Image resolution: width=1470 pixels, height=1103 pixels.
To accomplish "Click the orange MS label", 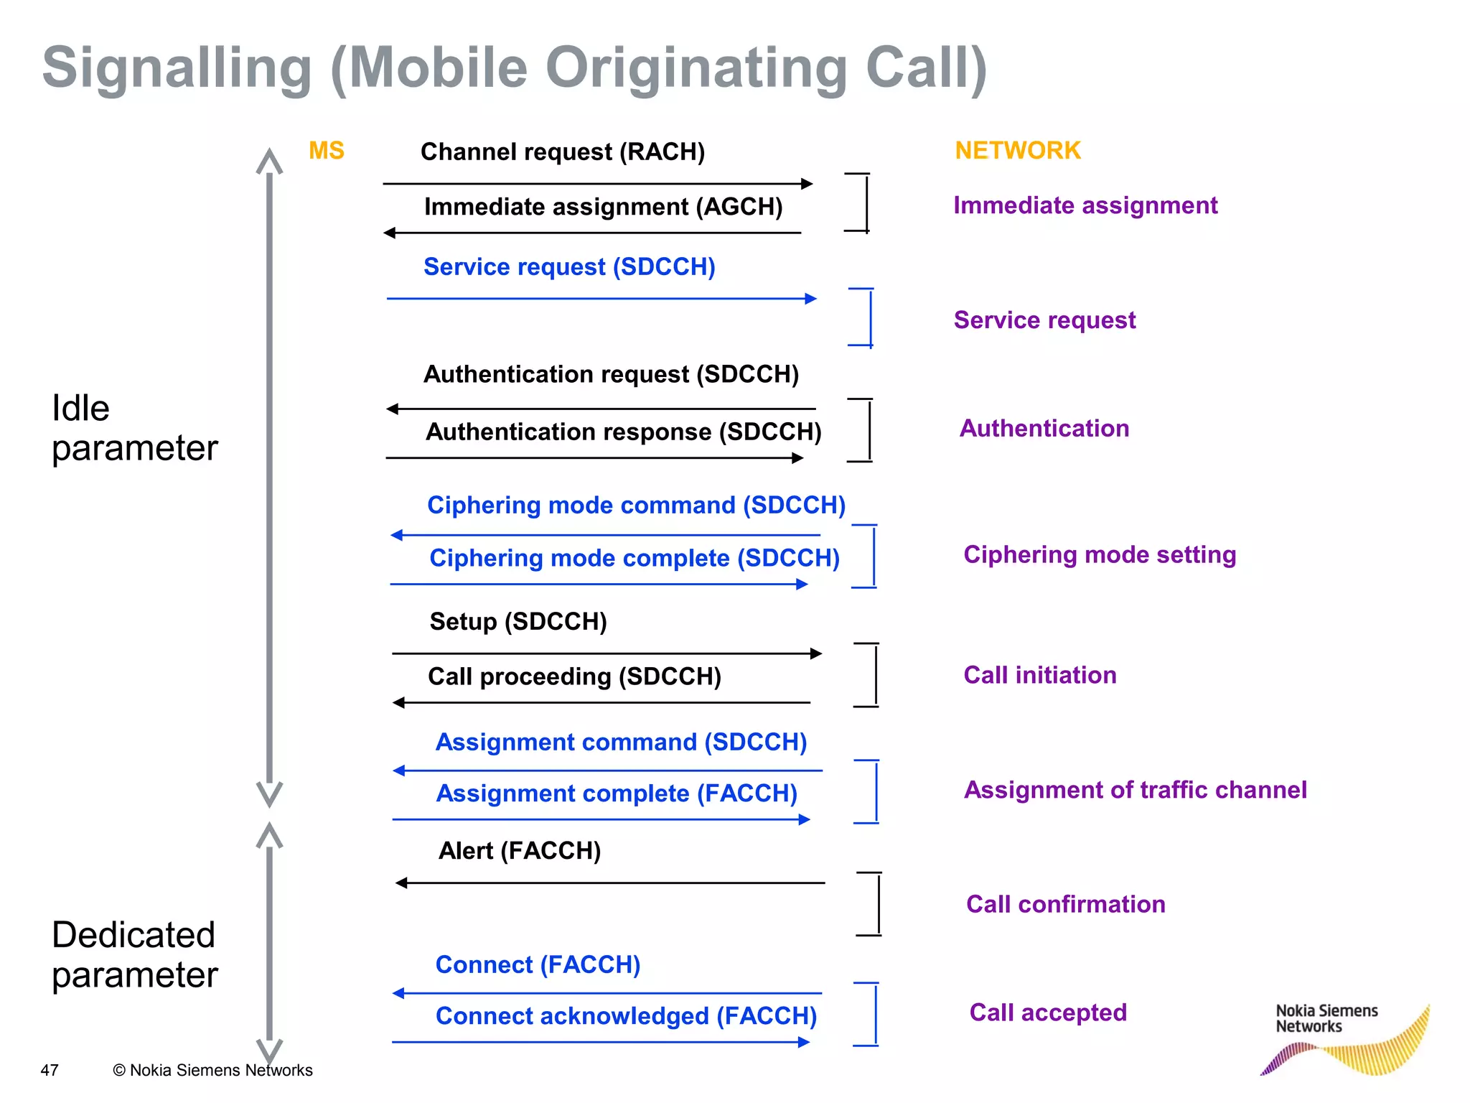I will click(x=326, y=151).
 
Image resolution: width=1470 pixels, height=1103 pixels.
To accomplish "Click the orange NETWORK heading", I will click(x=1017, y=151).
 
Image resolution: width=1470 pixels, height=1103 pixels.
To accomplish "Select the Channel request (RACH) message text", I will click(x=562, y=152).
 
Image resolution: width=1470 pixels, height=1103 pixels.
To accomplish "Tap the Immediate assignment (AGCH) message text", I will click(x=603, y=207).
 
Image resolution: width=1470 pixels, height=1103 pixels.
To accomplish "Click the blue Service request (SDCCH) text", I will click(x=569, y=267).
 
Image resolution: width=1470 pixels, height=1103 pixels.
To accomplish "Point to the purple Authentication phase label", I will click(x=1044, y=429).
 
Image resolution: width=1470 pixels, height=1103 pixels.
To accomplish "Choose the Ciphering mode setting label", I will click(x=1099, y=555).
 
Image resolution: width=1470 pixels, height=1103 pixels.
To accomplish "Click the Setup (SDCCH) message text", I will click(x=518, y=622).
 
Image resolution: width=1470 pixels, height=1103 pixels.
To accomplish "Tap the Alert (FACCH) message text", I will click(x=519, y=851).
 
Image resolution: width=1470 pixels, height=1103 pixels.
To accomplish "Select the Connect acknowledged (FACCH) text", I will click(x=626, y=1016).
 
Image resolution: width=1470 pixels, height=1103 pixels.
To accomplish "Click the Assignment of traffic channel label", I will click(x=1135, y=790).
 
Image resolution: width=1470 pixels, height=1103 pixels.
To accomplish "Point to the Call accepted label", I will click(x=1047, y=1013).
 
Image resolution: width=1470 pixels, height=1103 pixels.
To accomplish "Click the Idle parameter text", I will click(x=134, y=429).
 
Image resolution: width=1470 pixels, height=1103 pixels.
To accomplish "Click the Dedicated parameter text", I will click(x=134, y=955).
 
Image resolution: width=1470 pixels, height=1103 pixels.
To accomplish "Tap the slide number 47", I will click(x=50, y=1070).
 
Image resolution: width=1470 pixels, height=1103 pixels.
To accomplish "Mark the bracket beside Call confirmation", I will click(x=877, y=904).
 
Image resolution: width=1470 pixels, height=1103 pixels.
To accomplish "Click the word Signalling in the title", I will click(x=177, y=68).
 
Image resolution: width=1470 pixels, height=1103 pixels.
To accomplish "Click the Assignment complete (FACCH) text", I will click(x=617, y=793).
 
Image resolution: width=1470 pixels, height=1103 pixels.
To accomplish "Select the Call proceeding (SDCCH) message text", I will click(x=574, y=676).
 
